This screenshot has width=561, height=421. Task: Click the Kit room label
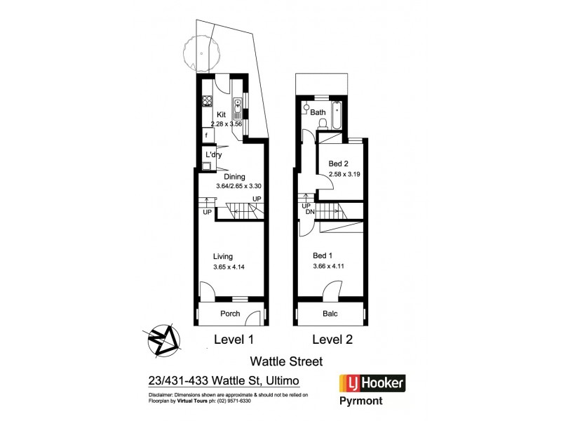point(221,114)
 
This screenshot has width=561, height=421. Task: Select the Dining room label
point(234,177)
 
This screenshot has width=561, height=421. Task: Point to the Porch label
point(231,314)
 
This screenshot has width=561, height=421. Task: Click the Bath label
point(318,112)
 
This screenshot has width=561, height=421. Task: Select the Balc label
point(330,314)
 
